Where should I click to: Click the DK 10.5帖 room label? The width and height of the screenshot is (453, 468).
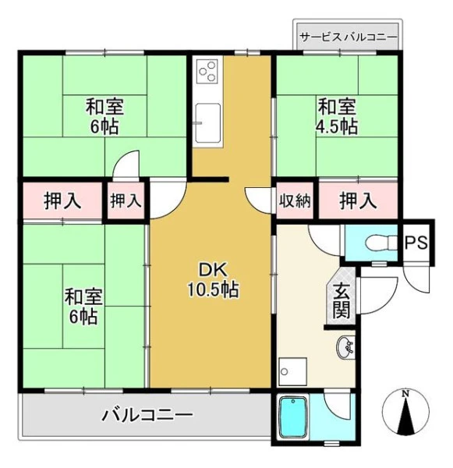coord(213,280)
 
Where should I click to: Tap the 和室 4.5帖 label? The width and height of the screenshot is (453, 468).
coord(337,117)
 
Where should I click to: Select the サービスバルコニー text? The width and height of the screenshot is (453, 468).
coord(349,37)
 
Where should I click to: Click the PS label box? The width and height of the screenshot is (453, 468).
coord(416,242)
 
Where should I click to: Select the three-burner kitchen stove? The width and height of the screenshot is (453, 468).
coord(207,71)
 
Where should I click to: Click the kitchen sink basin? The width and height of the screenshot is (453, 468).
coord(208,122)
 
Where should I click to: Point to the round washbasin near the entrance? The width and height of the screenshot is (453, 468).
coord(345,348)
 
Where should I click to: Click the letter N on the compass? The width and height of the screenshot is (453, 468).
coord(405,394)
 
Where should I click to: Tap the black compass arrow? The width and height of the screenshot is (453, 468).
coord(405,416)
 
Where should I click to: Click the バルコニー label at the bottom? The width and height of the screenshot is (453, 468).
coord(147,415)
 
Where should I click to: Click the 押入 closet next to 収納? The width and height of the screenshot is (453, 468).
coord(358,200)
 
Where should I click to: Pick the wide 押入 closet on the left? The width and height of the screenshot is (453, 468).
coord(62,200)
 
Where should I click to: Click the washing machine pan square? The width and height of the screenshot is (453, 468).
coord(292,371)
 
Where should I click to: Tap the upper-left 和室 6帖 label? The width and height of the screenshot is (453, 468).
coord(104,117)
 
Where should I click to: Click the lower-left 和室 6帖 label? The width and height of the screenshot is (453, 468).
coord(84,307)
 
